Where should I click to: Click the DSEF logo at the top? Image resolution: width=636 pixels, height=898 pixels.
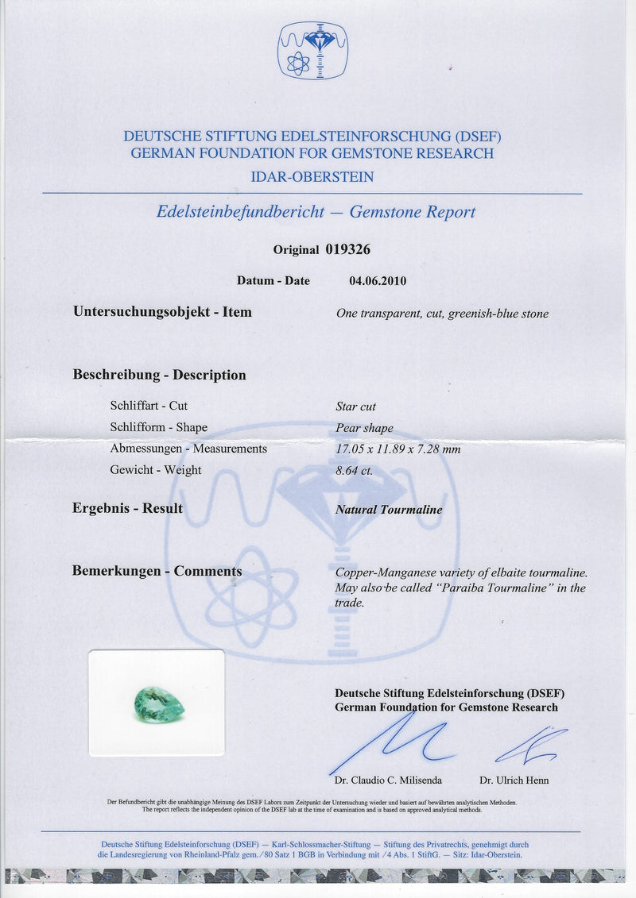[312, 50]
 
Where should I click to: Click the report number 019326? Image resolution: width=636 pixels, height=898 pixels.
[347, 249]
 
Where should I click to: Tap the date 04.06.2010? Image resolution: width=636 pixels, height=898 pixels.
[378, 280]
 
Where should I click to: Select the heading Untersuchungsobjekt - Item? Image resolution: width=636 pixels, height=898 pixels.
[162, 312]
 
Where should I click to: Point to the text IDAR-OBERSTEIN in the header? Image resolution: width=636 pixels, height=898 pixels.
[312, 176]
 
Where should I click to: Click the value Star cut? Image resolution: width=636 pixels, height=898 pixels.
[356, 407]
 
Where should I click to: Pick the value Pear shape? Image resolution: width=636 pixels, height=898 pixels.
[364, 428]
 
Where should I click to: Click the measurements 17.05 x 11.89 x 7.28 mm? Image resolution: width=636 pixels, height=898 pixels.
[398, 449]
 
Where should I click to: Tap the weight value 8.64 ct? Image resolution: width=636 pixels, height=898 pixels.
[355, 470]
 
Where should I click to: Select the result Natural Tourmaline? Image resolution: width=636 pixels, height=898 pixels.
[389, 510]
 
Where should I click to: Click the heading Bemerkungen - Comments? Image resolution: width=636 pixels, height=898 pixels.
[157, 571]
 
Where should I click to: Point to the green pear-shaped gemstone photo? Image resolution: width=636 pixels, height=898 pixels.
[159, 704]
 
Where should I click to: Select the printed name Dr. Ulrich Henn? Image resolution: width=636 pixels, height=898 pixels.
[514, 780]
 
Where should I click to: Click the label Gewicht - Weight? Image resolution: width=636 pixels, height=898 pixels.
[156, 470]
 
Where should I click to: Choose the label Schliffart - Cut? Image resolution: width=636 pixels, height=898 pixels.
[149, 406]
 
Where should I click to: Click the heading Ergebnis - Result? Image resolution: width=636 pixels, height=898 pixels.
[127, 508]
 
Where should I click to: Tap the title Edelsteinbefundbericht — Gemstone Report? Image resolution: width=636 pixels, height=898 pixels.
[316, 212]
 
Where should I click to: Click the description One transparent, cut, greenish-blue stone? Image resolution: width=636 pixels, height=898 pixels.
[442, 314]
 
